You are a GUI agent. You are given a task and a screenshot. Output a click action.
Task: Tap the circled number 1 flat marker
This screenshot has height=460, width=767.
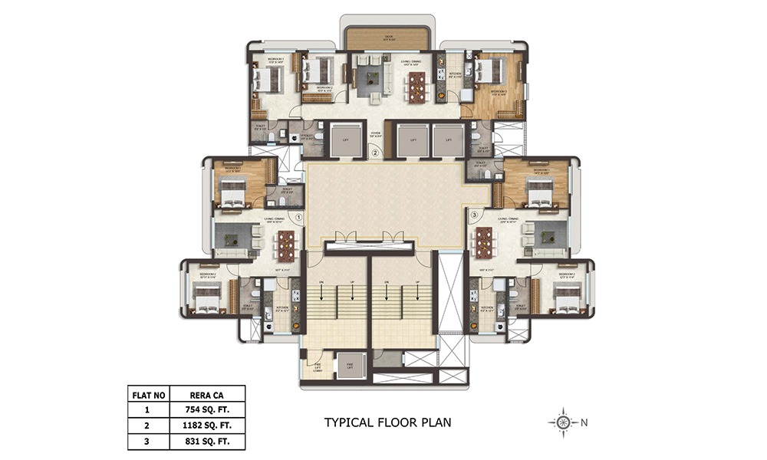(x=299, y=217)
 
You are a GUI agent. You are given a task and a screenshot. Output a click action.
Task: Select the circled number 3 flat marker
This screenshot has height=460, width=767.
(x=475, y=215)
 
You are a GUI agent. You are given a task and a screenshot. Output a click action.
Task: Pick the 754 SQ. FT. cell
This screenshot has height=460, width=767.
(x=208, y=409)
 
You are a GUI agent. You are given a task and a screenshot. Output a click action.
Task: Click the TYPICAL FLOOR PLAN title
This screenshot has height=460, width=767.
(x=387, y=422)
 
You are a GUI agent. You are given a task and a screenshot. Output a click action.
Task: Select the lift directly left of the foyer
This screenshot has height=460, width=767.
(x=338, y=140)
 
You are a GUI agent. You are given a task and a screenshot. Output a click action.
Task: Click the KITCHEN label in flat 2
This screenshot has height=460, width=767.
(x=455, y=74)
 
